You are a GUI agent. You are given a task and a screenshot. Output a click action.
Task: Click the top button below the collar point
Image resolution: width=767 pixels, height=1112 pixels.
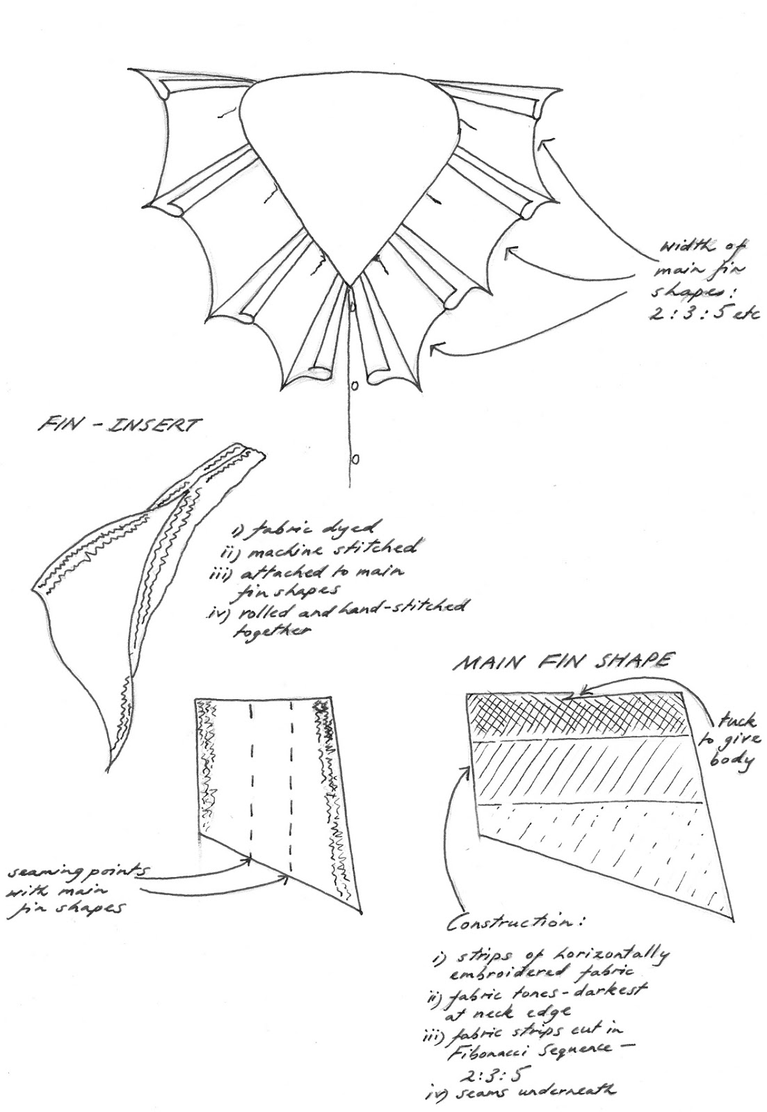pos(353,304)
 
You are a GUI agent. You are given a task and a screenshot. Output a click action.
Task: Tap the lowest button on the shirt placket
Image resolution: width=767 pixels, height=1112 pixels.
pos(355,458)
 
